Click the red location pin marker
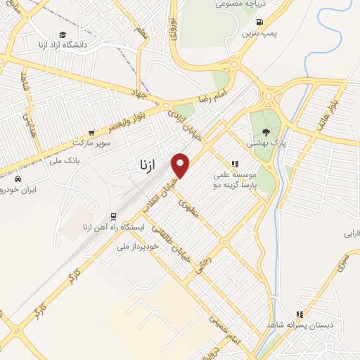pyautogui.click(x=181, y=165)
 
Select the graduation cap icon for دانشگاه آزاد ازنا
pyautogui.click(x=63, y=34)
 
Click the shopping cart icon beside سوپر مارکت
pyautogui.click(x=91, y=131)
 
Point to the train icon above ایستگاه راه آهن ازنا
pyautogui.click(x=112, y=217)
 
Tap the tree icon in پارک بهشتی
pyautogui.click(x=265, y=130)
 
